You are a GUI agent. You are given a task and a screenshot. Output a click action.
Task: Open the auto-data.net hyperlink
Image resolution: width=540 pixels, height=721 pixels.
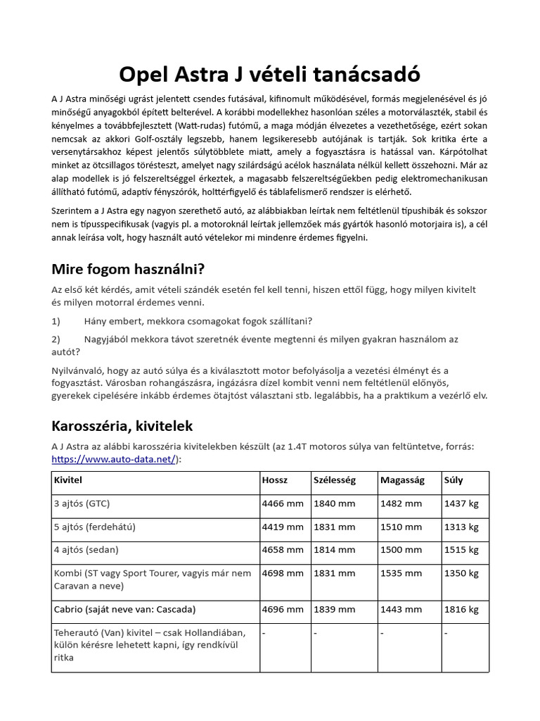tap(114, 458)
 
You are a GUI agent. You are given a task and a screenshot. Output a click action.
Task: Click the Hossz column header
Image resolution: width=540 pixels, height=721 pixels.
tap(275, 480)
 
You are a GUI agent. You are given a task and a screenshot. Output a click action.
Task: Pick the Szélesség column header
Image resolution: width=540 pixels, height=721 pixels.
tap(334, 480)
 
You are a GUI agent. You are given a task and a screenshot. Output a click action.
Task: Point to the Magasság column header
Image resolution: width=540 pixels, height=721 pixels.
tap(402, 480)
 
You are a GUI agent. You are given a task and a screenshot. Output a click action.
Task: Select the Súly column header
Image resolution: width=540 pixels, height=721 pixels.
tap(454, 480)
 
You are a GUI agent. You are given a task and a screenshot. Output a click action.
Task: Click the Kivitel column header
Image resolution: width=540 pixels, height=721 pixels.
tap(67, 480)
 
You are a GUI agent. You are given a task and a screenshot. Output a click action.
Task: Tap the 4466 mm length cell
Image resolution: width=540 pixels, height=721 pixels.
tap(283, 504)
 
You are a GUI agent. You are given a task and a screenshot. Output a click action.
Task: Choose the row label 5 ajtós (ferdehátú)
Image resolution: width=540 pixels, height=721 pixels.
tap(95, 527)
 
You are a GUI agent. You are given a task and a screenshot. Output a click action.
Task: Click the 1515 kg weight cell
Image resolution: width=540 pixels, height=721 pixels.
tap(461, 549)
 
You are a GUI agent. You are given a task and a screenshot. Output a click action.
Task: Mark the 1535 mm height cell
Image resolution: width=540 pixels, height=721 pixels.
tap(401, 573)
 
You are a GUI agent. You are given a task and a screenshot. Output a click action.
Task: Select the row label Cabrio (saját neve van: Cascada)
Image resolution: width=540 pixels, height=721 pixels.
tap(124, 609)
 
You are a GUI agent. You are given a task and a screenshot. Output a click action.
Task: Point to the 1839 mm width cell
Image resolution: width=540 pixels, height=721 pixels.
tap(335, 609)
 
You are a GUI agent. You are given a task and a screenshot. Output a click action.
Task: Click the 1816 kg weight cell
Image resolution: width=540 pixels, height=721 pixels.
tap(461, 609)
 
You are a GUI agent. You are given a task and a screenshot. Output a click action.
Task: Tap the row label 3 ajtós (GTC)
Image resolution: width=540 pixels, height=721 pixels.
tap(82, 504)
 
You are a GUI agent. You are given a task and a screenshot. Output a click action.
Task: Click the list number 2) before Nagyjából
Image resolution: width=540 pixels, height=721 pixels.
tap(56, 339)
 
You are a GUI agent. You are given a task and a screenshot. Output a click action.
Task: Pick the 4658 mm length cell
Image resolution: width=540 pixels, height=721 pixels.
tap(283, 549)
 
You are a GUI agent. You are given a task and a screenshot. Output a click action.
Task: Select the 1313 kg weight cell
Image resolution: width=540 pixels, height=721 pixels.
tap(461, 527)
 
